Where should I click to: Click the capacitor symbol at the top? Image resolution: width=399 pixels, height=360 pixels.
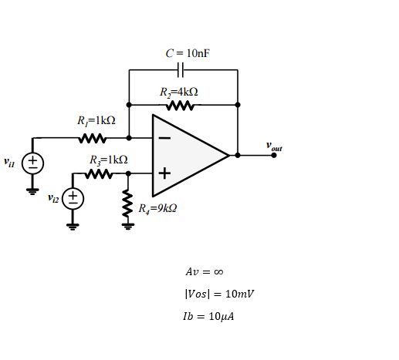[182, 70]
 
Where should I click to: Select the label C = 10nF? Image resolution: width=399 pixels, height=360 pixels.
[188, 53]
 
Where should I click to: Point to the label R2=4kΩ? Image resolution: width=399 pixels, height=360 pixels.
[179, 92]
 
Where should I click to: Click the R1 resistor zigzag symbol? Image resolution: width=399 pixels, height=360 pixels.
[93, 139]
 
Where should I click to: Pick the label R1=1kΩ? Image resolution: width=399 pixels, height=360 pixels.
[96, 121]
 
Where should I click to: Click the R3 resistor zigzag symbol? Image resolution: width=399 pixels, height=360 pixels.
[99, 174]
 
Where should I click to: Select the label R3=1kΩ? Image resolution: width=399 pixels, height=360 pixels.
[108, 160]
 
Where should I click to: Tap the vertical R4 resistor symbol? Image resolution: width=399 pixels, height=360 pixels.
[128, 204]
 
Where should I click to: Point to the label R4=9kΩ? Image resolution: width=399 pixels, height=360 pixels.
[157, 208]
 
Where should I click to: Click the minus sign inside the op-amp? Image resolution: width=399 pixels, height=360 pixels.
[164, 138]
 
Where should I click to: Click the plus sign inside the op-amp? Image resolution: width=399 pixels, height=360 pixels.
[164, 173]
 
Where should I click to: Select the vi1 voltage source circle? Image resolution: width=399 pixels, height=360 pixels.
[33, 163]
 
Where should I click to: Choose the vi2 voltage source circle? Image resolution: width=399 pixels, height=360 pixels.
[73, 198]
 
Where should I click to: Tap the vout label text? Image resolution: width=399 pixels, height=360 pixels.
[274, 145]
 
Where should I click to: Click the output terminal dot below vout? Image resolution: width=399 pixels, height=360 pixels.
[274, 155]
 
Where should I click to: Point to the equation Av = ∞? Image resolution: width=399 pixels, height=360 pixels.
[205, 272]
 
